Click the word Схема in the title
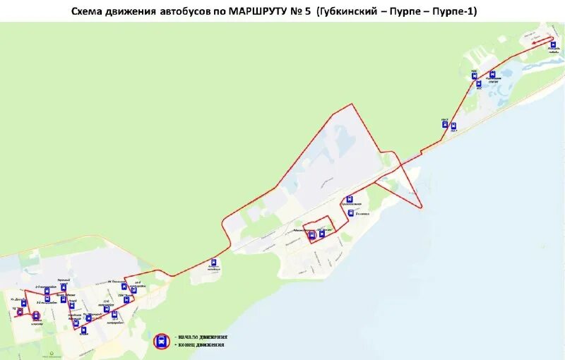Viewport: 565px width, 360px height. tap(88, 11)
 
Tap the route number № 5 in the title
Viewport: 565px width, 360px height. tap(299, 11)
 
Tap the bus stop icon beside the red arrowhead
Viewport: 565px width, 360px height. tap(553, 44)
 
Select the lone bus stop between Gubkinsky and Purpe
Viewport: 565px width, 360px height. tap(214, 262)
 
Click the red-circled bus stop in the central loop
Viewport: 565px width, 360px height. tap(312, 236)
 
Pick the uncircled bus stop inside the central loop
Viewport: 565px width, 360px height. tap(322, 233)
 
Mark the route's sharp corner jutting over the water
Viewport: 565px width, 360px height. tap(422, 208)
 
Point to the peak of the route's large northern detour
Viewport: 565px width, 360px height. tap(351, 104)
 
